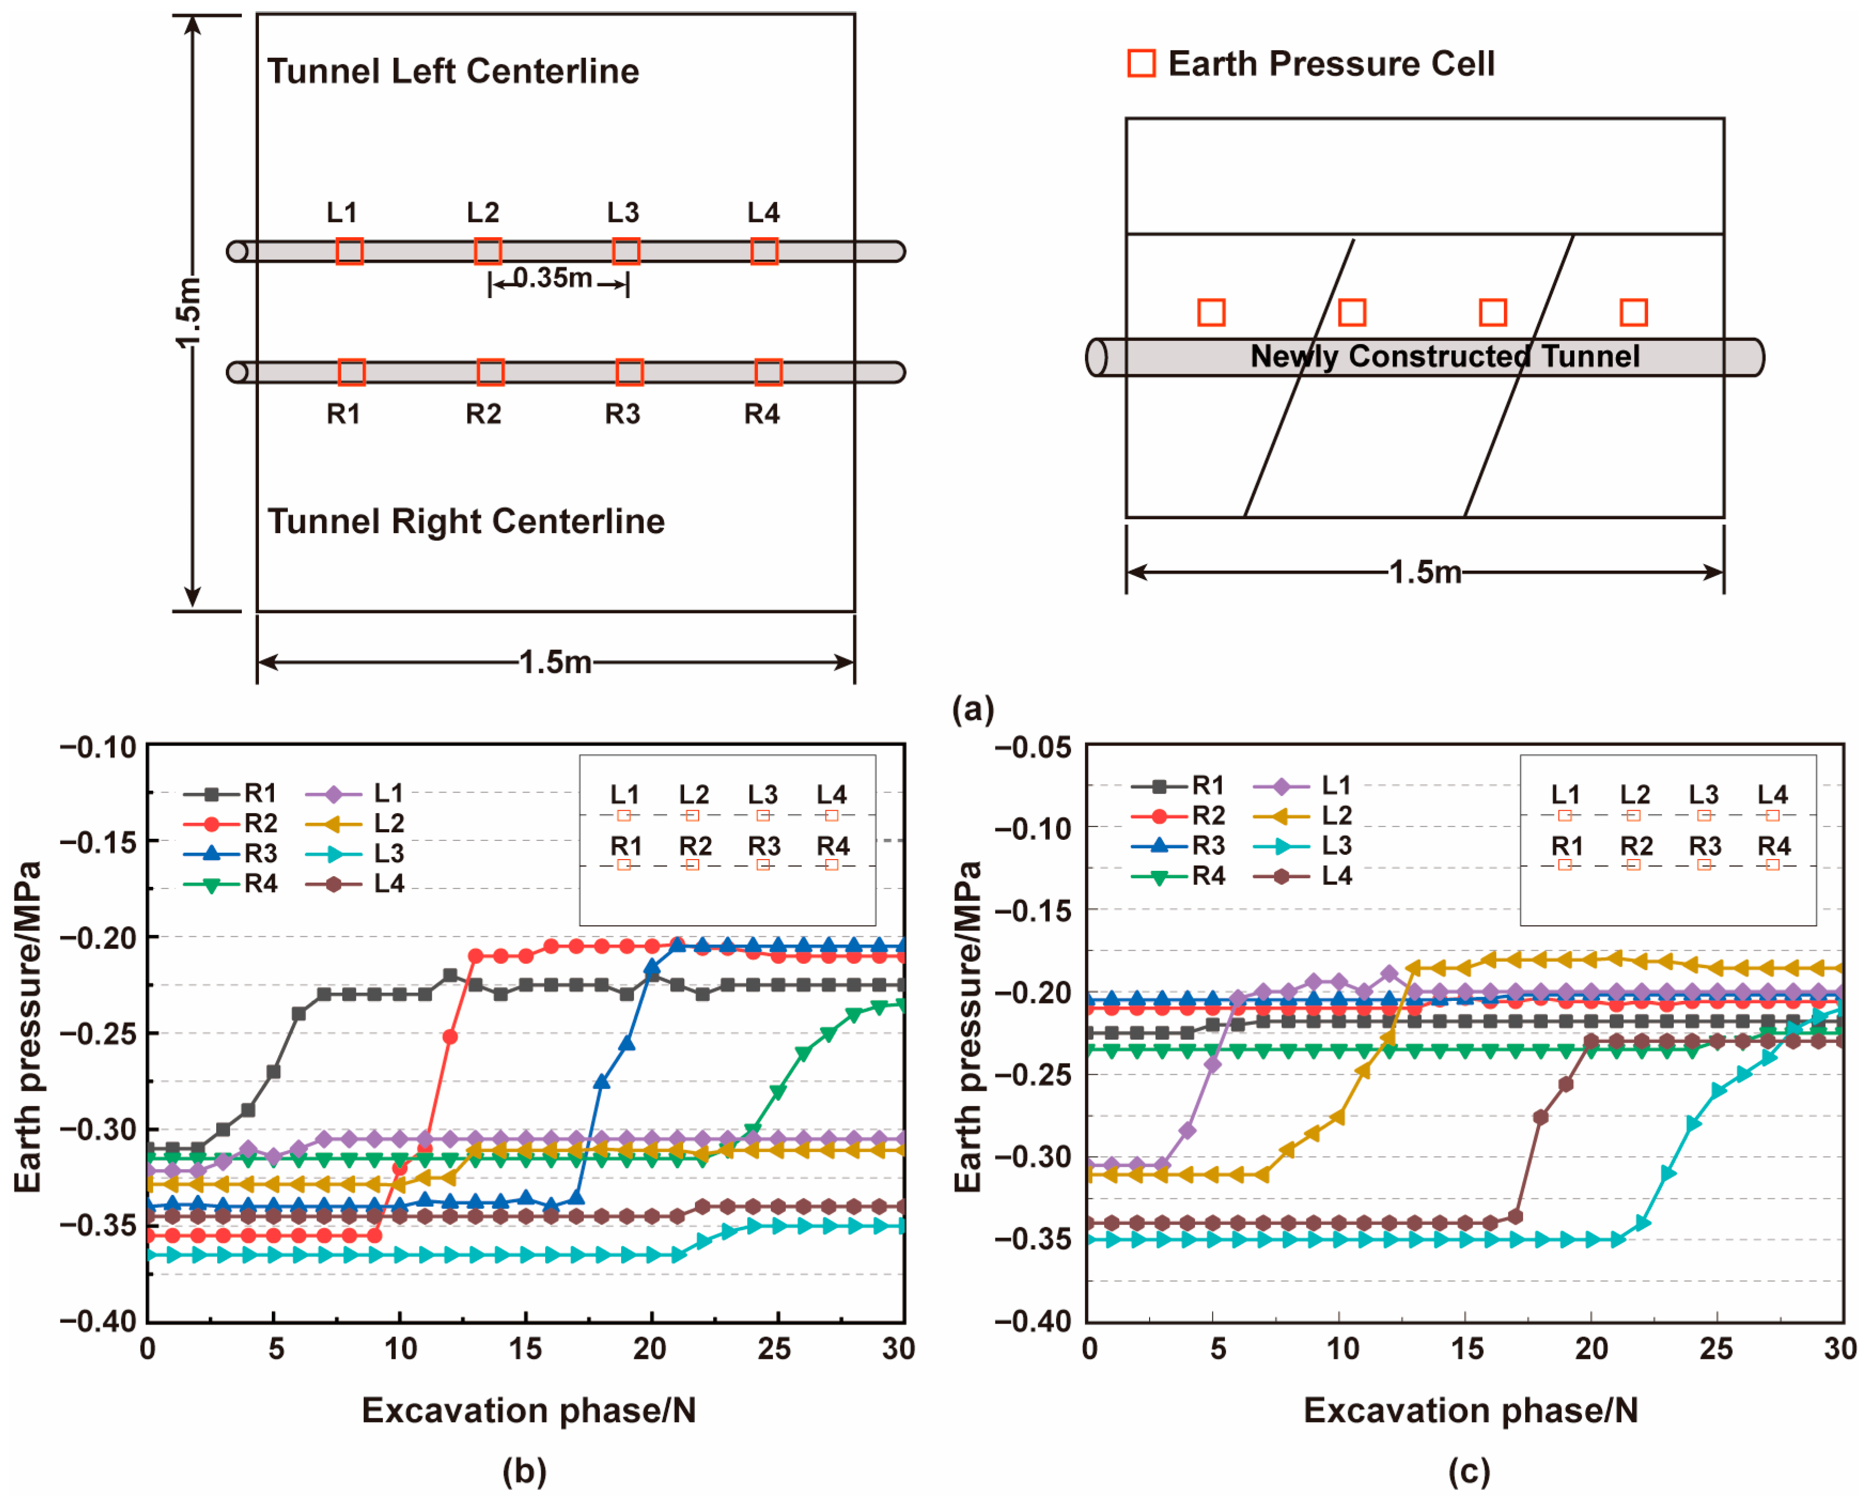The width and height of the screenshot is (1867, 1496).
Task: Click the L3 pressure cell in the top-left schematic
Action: point(626,251)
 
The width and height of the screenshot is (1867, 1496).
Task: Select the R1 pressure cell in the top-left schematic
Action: point(351,373)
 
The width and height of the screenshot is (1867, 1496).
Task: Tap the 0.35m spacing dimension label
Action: point(553,278)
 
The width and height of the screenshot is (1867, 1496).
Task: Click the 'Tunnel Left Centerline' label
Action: point(453,71)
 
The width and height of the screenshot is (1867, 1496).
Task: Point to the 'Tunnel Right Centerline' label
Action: point(466,521)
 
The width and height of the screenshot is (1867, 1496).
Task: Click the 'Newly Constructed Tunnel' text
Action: point(1444,356)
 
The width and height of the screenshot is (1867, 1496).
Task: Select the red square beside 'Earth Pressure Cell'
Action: point(1141,63)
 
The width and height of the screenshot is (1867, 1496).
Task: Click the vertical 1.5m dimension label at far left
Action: point(188,312)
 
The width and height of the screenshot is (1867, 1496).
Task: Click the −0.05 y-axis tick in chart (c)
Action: point(1033,747)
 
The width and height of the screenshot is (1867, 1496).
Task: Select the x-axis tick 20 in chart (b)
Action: point(649,1349)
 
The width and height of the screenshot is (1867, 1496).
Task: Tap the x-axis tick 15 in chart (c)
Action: point(1467,1349)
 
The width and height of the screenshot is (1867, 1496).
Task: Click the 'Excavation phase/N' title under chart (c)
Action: point(1471,1411)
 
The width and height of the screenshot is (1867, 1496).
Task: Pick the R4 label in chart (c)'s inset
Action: point(1773,846)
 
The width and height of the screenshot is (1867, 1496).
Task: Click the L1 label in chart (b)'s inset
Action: point(624,794)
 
